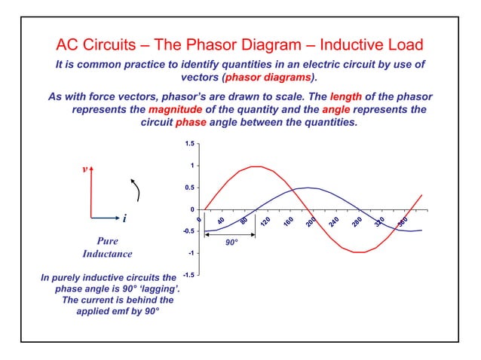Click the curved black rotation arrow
click(x=136, y=190)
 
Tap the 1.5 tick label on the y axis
click(x=189, y=143)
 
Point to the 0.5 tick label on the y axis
click(x=189, y=188)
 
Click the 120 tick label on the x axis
click(x=265, y=223)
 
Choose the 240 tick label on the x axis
click(x=333, y=223)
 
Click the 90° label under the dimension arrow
click(x=233, y=243)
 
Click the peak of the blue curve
click(x=307, y=188)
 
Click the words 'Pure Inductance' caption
click(x=107, y=248)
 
